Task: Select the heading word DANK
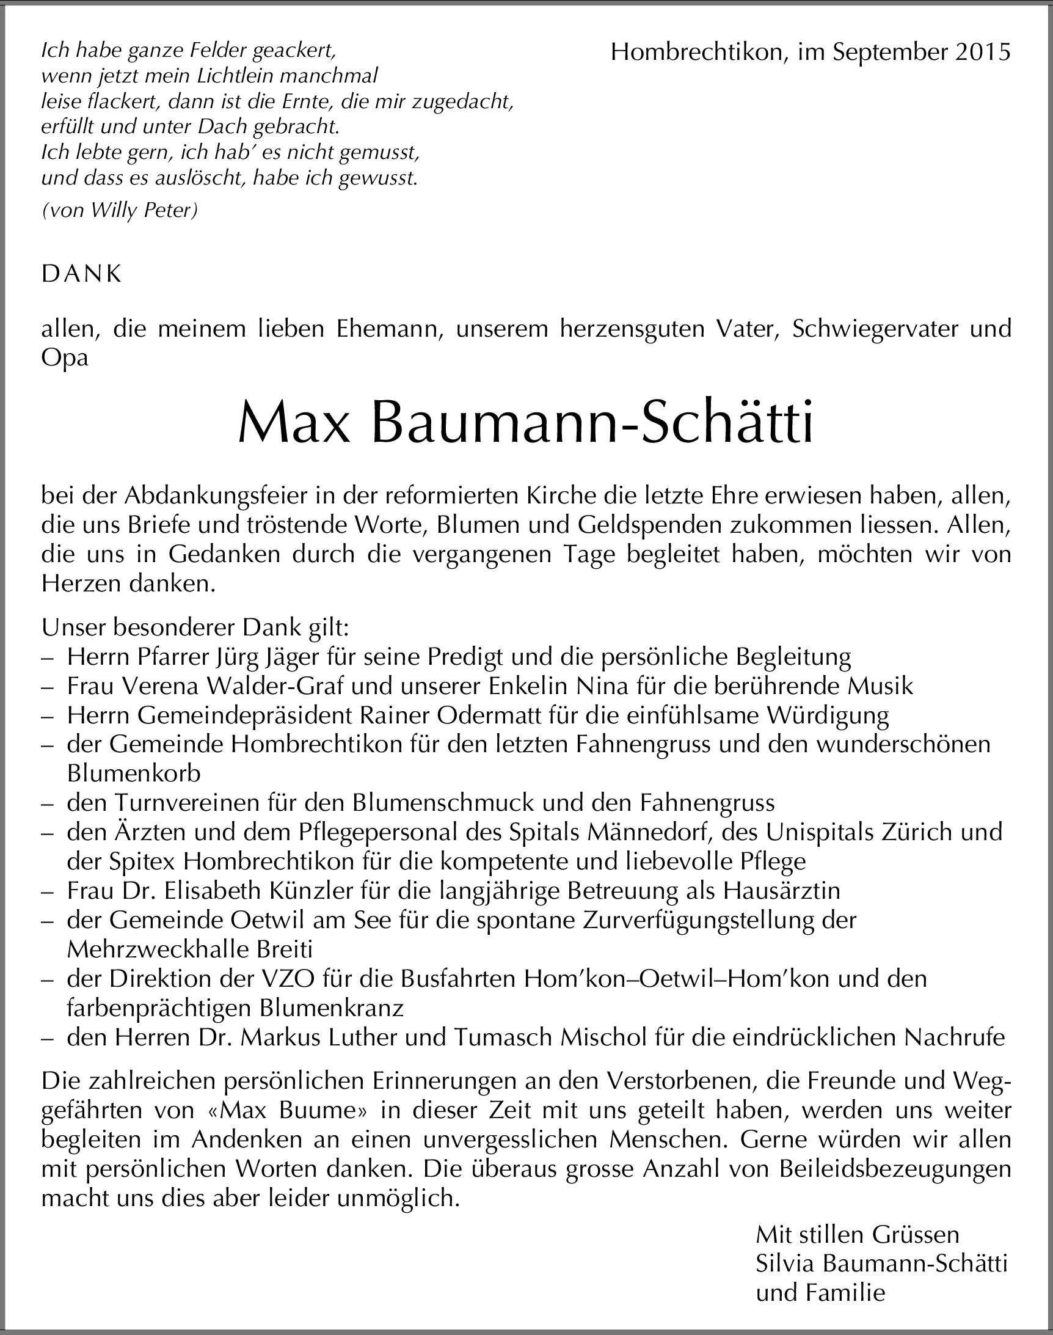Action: (81, 274)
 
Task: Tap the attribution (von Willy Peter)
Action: (120, 211)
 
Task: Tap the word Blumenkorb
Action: (134, 774)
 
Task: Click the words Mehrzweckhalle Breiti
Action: (190, 949)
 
